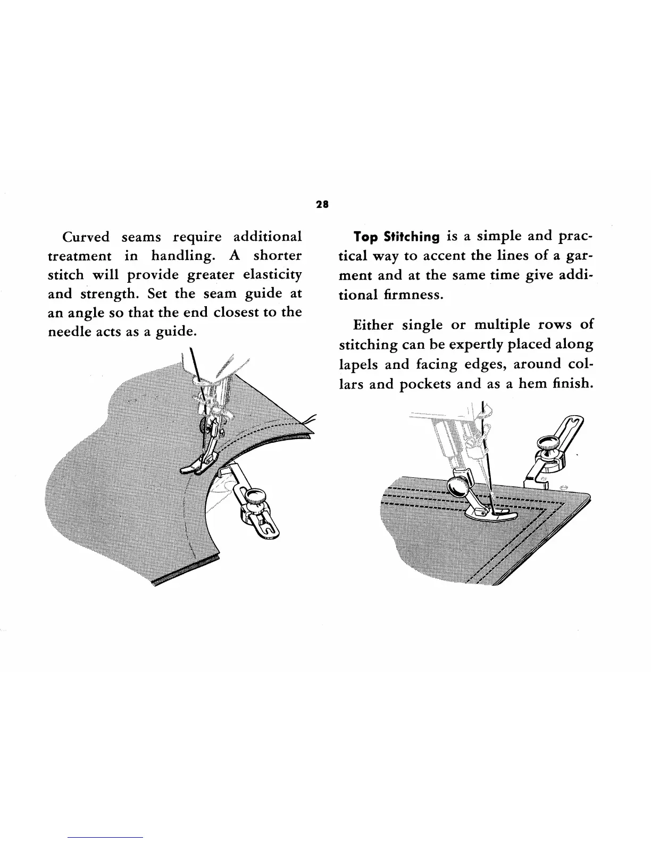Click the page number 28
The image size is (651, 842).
(x=322, y=204)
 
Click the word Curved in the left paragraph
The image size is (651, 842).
(x=86, y=237)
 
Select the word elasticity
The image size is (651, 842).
(x=272, y=275)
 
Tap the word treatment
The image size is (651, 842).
(x=80, y=256)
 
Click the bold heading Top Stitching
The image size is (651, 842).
(x=397, y=237)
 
